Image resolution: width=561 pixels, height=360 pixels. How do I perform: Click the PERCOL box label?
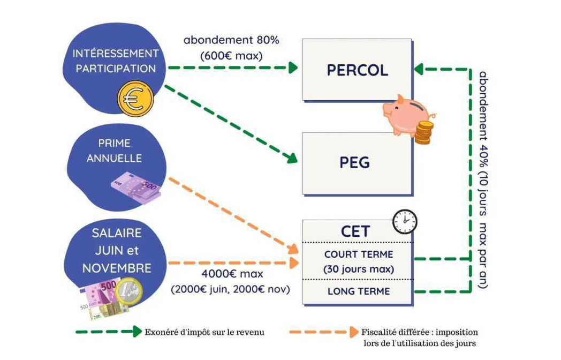click(x=357, y=70)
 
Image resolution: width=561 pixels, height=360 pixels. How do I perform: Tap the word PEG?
click(x=354, y=163)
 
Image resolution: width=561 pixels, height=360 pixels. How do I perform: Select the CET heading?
click(x=355, y=231)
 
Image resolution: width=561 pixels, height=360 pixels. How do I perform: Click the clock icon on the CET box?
click(x=405, y=222)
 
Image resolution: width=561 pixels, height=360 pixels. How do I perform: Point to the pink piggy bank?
click(x=406, y=115)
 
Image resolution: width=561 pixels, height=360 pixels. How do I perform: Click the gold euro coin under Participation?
click(x=135, y=99)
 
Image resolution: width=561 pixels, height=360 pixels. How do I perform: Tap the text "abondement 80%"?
click(x=231, y=40)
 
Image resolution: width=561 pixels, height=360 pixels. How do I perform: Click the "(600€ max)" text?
click(x=231, y=56)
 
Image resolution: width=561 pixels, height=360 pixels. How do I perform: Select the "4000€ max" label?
click(x=232, y=274)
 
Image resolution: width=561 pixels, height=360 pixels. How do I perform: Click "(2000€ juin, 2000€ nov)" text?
click(x=230, y=289)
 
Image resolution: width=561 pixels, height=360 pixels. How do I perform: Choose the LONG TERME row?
click(x=359, y=291)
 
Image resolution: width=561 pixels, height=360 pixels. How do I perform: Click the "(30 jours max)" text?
click(x=359, y=269)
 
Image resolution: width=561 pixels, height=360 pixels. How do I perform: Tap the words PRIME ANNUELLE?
click(x=114, y=151)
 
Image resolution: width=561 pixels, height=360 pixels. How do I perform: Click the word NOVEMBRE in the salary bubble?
click(x=117, y=268)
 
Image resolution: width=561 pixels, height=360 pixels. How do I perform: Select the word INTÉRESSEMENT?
click(x=116, y=53)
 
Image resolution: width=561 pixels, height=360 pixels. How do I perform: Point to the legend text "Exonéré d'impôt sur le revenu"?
click(x=204, y=332)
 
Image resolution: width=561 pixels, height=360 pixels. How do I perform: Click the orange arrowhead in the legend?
click(x=354, y=332)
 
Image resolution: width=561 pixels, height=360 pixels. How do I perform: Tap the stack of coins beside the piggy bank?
click(x=424, y=132)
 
